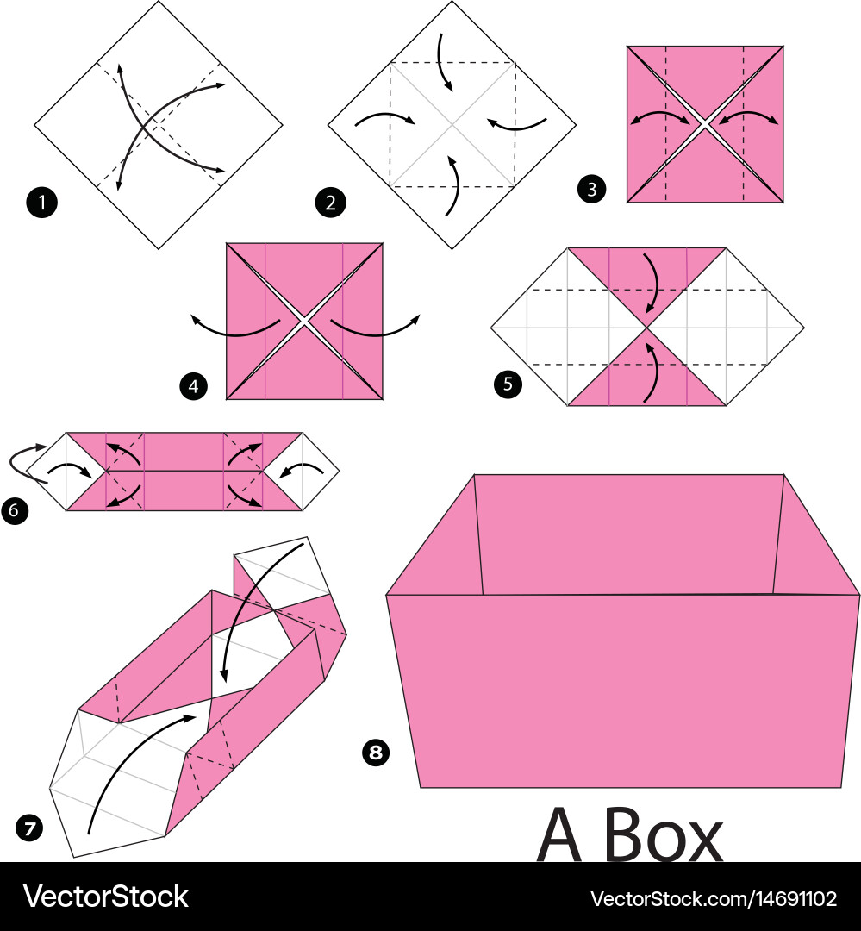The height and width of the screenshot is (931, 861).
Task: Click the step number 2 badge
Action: click(330, 203)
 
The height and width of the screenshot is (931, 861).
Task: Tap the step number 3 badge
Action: click(590, 189)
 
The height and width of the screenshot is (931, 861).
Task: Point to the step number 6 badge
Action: click(15, 510)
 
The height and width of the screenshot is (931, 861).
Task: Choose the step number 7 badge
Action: click(28, 828)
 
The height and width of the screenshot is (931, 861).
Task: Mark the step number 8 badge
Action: click(374, 753)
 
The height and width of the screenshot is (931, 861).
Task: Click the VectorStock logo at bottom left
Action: click(105, 897)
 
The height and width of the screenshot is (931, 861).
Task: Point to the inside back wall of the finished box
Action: click(629, 534)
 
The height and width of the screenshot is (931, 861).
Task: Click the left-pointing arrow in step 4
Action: click(228, 328)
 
